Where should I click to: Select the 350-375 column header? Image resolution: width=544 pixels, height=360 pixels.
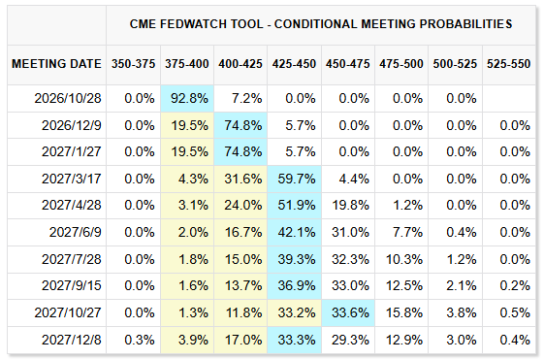click(133, 64)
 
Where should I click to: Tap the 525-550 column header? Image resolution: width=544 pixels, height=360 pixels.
click(509, 64)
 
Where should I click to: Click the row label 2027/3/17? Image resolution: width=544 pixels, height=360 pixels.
click(72, 179)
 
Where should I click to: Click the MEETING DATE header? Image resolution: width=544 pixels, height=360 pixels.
click(56, 64)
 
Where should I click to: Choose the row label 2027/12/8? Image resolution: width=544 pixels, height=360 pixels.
click(72, 340)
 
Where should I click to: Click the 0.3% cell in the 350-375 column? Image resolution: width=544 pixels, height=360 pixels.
click(140, 340)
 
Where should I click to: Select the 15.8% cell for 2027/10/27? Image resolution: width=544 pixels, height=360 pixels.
click(404, 312)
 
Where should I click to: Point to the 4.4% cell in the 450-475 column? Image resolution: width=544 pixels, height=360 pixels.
click(354, 179)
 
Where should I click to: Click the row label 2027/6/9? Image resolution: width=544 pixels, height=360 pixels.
click(76, 232)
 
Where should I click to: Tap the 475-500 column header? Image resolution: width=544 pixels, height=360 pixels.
click(401, 64)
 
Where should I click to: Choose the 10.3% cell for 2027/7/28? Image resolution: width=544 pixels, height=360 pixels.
click(404, 259)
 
